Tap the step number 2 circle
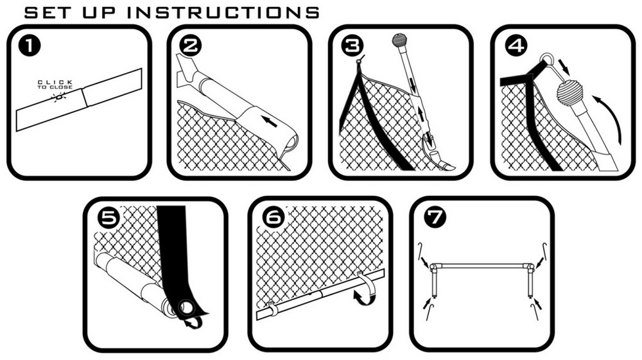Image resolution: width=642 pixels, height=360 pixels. tap(191, 46)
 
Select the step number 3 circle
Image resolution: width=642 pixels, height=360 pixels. tap(352, 46)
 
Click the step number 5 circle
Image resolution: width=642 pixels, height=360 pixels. tap(109, 218)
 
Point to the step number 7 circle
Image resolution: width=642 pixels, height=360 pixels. tap(435, 218)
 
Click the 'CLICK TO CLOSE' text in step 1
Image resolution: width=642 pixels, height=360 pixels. tap(55, 85)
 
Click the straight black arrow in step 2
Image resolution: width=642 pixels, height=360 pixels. tap(271, 121)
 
